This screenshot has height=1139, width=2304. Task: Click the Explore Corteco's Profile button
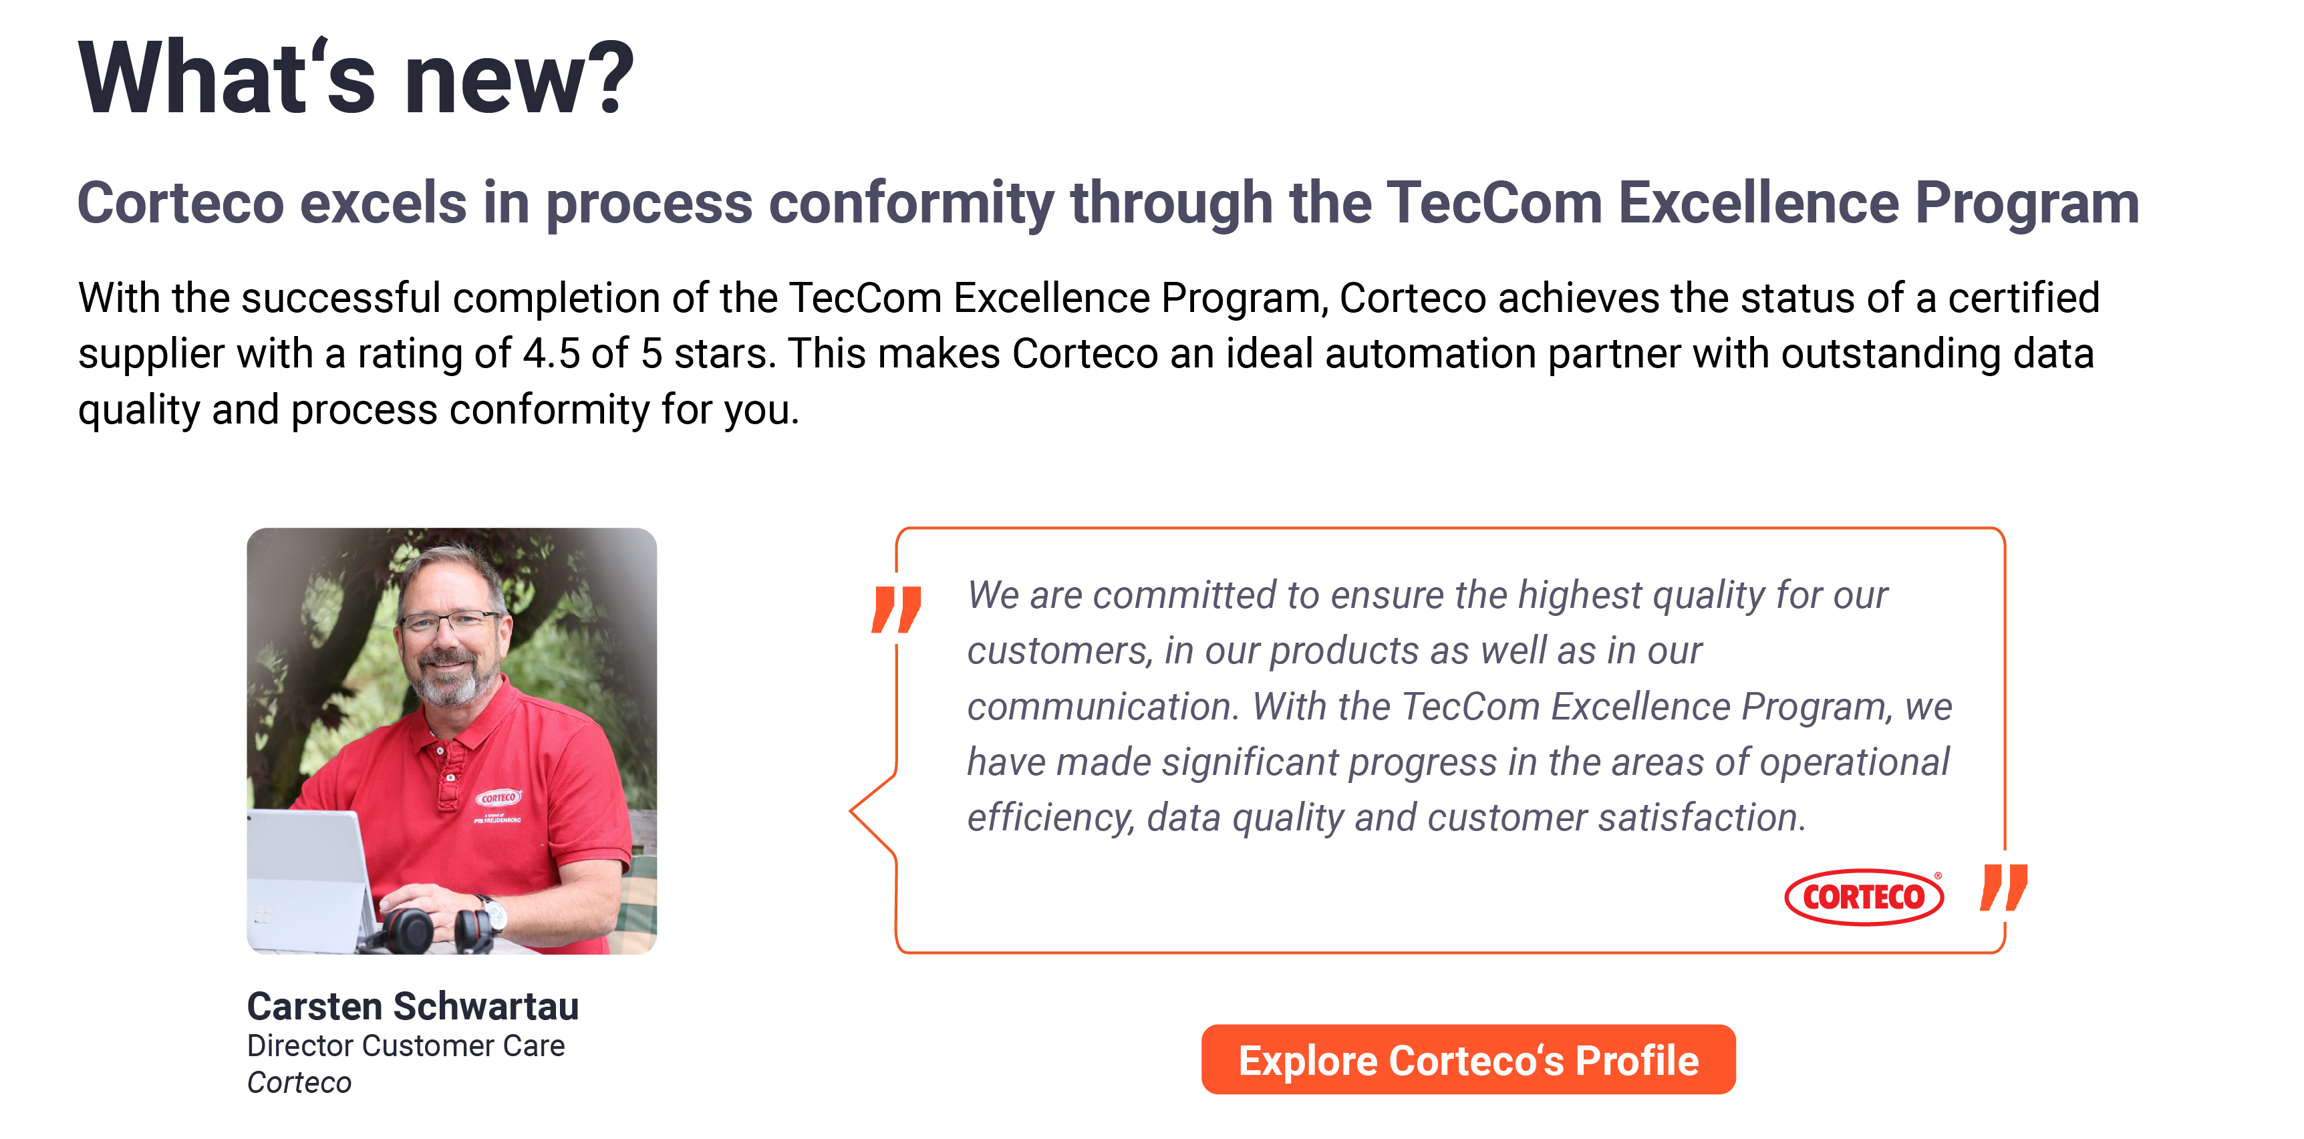point(1467,1060)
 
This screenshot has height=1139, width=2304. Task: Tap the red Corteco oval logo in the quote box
point(1863,896)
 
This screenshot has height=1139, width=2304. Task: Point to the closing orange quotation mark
point(2003,887)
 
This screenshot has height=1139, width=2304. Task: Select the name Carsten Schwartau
point(412,1006)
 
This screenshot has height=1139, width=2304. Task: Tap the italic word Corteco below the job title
point(299,1083)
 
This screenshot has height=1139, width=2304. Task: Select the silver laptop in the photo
point(309,880)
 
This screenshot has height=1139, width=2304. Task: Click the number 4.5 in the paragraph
point(551,354)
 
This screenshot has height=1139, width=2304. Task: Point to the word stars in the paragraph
point(723,354)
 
